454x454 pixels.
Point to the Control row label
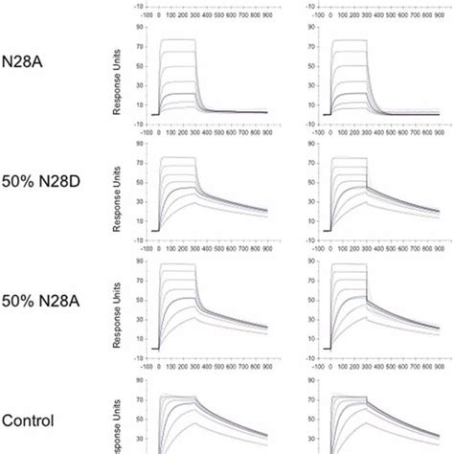(28, 420)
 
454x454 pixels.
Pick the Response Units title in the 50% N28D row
(117, 196)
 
